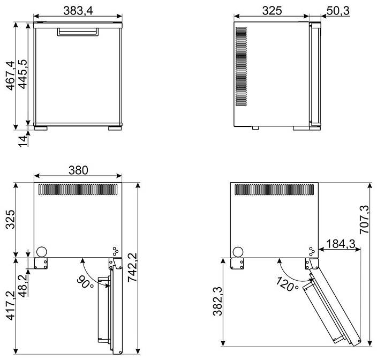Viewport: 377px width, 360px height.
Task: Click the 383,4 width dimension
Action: (x=78, y=11)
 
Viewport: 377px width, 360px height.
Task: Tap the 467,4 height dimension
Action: (x=11, y=76)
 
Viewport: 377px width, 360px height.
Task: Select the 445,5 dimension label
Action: (x=22, y=74)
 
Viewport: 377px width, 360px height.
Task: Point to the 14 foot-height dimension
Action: (x=23, y=141)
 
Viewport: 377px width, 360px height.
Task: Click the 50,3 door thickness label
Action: (x=338, y=11)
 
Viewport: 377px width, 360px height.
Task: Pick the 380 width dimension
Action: (x=78, y=170)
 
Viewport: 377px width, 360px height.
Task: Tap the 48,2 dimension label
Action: (x=23, y=286)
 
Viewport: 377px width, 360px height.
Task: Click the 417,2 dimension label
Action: (x=11, y=305)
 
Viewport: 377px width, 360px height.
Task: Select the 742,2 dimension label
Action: (x=132, y=267)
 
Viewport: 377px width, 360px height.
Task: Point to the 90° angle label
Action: (x=85, y=282)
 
